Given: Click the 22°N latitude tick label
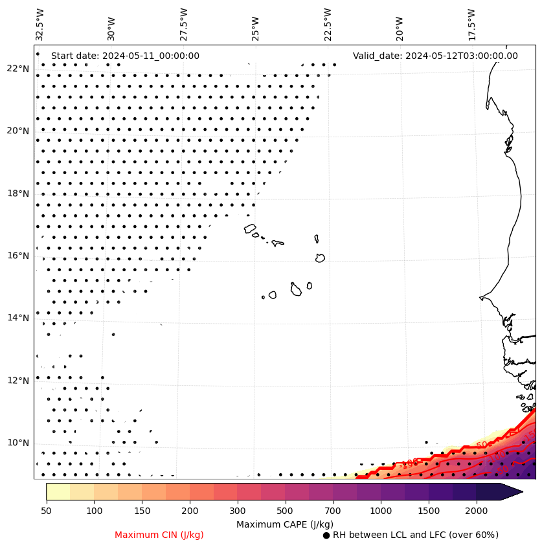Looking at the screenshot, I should pyautogui.click(x=17, y=69).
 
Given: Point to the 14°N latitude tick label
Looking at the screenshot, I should pyautogui.click(x=17, y=318).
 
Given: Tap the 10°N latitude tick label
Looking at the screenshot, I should pyautogui.click(x=17, y=443).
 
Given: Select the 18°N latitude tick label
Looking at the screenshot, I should pyautogui.click(x=17, y=194).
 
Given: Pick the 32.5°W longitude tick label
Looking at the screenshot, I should pyautogui.click(x=40, y=23).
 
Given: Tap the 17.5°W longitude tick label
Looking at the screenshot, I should pyautogui.click(x=471, y=23).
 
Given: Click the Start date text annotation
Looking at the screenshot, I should pyautogui.click(x=125, y=56).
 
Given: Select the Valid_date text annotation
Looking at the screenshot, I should pyautogui.click(x=435, y=56).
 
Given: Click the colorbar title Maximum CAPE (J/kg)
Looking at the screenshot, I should pyautogui.click(x=285, y=524).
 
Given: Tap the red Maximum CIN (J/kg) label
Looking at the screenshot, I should pyautogui.click(x=159, y=535).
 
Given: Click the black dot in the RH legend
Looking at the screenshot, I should pyautogui.click(x=326, y=535).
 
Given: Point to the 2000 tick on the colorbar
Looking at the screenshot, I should pyautogui.click(x=476, y=511).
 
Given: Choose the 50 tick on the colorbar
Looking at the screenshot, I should pyautogui.click(x=46, y=511).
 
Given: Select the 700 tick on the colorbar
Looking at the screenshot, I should pyautogui.click(x=333, y=511).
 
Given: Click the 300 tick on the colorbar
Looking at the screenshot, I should pyautogui.click(x=237, y=511).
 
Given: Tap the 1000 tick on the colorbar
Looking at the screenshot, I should pyautogui.click(x=381, y=511).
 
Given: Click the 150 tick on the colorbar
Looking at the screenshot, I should pyautogui.click(x=142, y=511).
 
